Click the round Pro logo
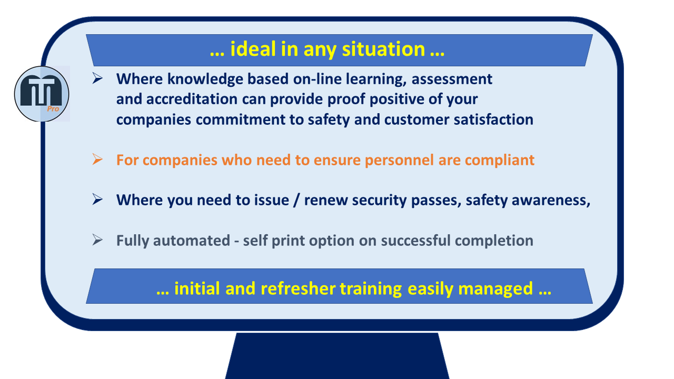(42, 94)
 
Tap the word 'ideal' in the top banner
(253, 49)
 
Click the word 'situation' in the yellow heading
(383, 49)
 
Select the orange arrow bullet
(97, 159)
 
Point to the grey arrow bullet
(97, 240)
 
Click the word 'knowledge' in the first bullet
(205, 79)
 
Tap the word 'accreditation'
(192, 99)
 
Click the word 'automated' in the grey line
(192, 241)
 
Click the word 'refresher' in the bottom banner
(298, 288)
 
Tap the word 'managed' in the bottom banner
(495, 289)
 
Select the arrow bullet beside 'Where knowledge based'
(97, 78)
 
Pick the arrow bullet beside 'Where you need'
(97, 199)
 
